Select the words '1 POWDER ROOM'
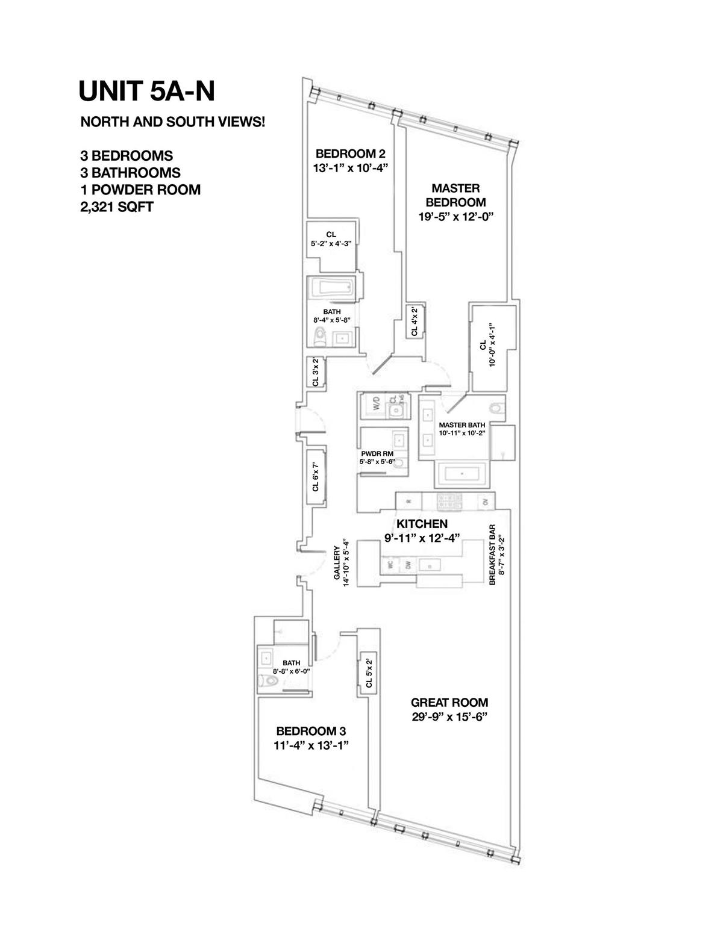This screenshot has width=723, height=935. click(140, 190)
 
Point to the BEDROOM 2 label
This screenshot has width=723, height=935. click(346, 154)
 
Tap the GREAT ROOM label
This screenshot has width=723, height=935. click(449, 703)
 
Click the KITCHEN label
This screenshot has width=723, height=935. click(422, 523)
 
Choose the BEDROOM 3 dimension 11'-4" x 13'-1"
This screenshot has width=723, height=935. click(311, 745)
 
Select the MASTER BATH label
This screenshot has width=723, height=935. click(462, 424)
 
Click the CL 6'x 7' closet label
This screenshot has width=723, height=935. click(315, 476)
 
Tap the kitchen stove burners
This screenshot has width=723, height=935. click(449, 500)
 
